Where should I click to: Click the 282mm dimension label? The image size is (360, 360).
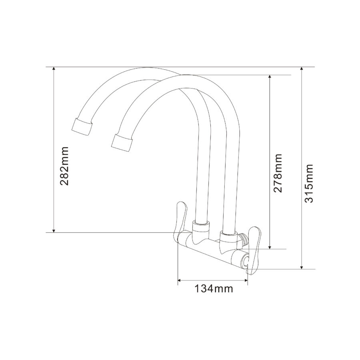(64, 166)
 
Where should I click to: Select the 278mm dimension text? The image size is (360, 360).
(278, 173)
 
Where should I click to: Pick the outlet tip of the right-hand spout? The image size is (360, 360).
(122, 143)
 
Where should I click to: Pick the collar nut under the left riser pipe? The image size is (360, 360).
(200, 228)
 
